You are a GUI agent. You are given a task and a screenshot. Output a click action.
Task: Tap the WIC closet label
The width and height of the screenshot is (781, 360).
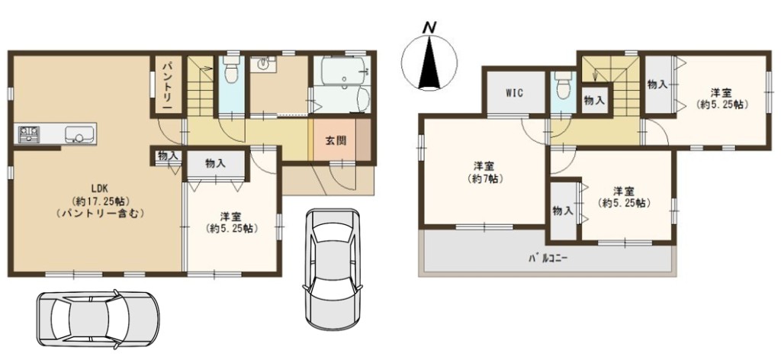514,93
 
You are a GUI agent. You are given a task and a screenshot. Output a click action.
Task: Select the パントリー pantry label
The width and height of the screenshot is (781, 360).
167,85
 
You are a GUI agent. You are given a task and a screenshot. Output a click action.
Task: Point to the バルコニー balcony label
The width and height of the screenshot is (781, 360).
548,259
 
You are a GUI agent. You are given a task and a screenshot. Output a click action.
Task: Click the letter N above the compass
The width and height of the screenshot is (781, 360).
427,29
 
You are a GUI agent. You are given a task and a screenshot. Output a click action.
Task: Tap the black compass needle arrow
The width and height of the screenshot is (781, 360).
429,63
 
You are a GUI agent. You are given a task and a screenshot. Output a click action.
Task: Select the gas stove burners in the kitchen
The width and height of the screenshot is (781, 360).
28,134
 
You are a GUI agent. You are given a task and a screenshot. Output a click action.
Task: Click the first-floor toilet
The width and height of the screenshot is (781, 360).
230,69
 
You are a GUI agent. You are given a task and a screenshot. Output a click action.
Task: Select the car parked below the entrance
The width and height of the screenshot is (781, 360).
333,268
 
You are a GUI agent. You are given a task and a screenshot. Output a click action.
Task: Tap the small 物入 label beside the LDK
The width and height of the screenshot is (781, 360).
167,156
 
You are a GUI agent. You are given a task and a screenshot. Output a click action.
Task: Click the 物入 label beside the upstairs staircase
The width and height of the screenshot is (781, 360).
594,101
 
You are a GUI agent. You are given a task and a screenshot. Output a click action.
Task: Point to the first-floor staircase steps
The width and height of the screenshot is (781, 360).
201,87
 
